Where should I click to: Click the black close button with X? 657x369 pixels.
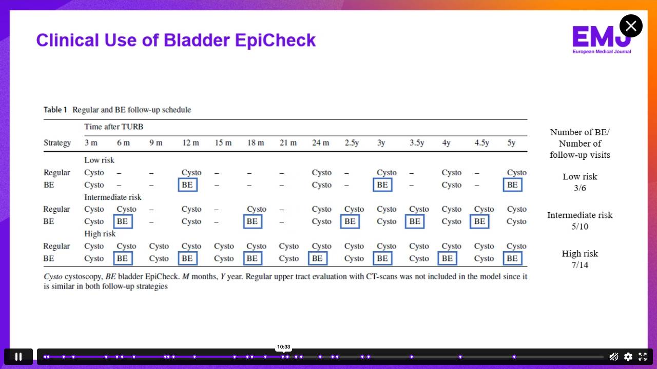[x=631, y=26]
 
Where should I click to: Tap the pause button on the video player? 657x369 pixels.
[x=18, y=357]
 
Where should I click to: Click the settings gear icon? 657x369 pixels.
[x=628, y=357]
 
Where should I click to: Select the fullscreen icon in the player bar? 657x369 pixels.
[x=643, y=357]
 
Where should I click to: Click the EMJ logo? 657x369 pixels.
[x=602, y=40]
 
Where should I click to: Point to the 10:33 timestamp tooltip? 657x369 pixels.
[x=284, y=347]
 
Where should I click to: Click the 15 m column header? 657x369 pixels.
[x=223, y=142]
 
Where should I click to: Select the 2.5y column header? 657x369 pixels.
[x=352, y=142]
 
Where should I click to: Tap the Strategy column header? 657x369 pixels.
[x=57, y=143]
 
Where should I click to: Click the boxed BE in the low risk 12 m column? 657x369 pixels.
[x=188, y=185]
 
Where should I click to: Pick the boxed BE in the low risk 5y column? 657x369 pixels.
[x=512, y=185]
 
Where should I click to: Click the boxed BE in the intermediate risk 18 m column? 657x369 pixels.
[x=253, y=221]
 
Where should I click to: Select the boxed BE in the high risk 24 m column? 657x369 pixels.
[x=318, y=258]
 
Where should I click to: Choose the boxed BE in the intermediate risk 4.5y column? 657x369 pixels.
[x=479, y=221]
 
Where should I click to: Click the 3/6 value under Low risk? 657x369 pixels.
[x=580, y=188]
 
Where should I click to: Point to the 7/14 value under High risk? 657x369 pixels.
[x=580, y=265]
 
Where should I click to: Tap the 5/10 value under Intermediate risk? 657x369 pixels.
[x=580, y=227]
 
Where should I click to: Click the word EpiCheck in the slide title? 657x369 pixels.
[x=275, y=40]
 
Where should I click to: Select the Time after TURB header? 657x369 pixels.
[x=114, y=127]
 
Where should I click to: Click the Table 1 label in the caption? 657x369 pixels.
[x=55, y=110]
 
